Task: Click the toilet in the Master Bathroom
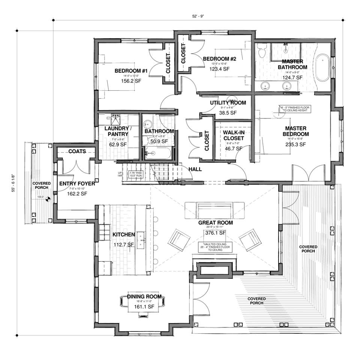click(x=262, y=51)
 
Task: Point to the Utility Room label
click(x=228, y=103)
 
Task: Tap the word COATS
click(x=77, y=151)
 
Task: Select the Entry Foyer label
click(x=77, y=184)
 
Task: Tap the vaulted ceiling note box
click(x=216, y=247)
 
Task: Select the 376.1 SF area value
click(x=215, y=233)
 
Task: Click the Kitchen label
click(x=123, y=235)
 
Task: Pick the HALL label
click(x=195, y=169)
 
